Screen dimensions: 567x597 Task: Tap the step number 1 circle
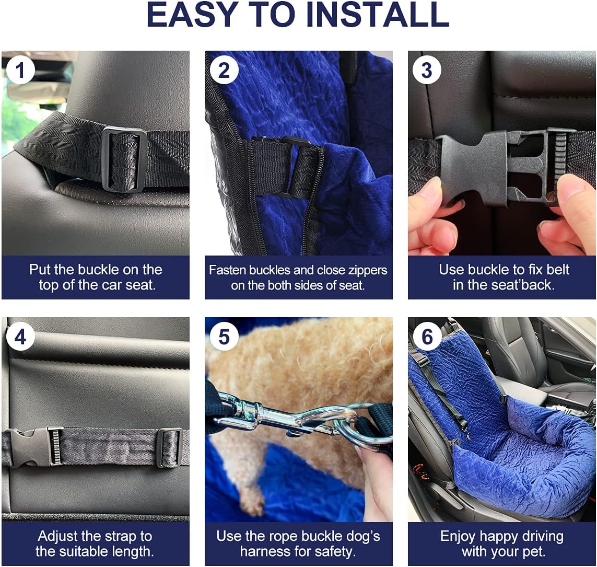20,70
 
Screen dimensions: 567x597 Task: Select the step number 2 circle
224,70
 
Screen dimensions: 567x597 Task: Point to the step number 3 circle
427,70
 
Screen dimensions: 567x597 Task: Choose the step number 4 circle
20,337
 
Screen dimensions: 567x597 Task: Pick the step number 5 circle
224,337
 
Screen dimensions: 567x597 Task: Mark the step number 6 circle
427,337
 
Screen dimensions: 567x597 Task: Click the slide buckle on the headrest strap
124,159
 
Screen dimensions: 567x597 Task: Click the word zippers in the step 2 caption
361,270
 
